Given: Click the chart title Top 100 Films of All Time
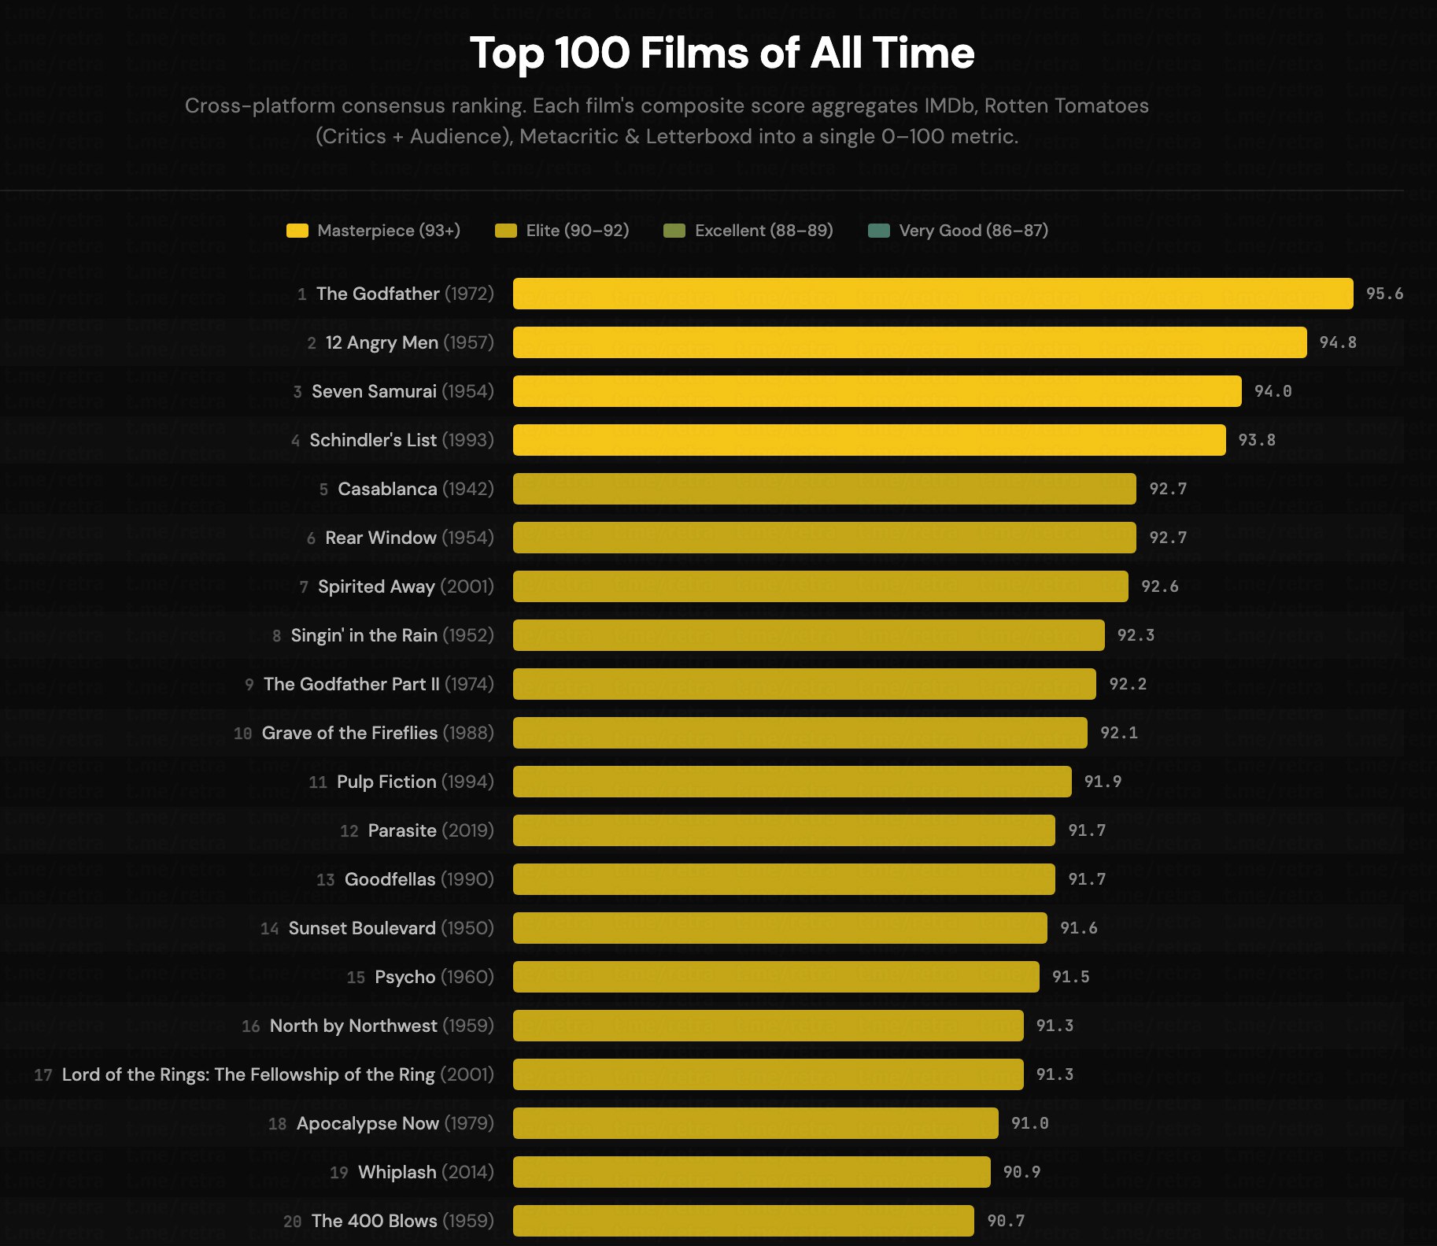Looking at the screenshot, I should click(722, 54).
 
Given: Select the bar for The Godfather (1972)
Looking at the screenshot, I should click(933, 294).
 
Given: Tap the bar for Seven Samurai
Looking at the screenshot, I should click(877, 391).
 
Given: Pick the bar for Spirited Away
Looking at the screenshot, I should click(820, 586).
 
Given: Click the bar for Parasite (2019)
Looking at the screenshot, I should click(784, 830).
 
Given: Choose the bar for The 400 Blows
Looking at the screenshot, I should click(743, 1221).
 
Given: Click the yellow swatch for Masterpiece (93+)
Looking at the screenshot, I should click(297, 231).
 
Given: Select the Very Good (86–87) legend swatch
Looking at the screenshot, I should click(878, 231).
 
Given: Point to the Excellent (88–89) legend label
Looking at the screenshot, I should click(763, 231).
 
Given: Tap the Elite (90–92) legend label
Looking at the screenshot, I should click(577, 231).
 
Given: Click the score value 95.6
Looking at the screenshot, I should click(1384, 294).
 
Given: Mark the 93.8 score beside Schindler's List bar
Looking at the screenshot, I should click(1257, 440).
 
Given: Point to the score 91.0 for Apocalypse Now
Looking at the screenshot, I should click(1029, 1123).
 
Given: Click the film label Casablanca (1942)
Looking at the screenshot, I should click(416, 489).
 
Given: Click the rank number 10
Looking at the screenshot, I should click(242, 734).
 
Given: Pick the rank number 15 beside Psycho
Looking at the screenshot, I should click(356, 978).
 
